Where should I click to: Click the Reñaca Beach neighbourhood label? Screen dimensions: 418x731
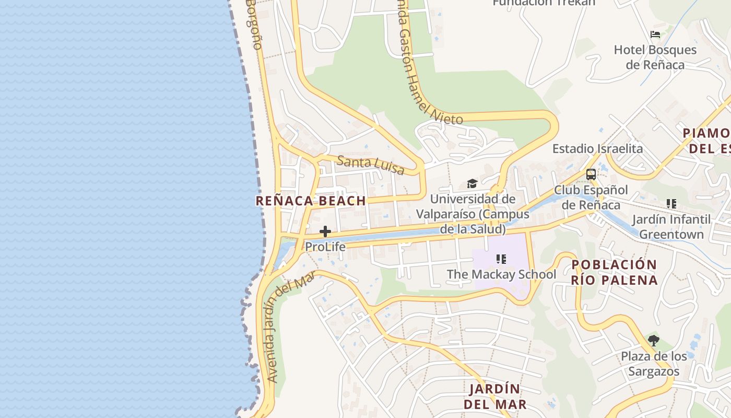point(311,201)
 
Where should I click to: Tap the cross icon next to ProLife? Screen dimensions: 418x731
point(325,231)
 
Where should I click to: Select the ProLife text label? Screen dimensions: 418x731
point(325,247)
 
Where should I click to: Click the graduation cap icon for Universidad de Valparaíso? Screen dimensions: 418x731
point(472,183)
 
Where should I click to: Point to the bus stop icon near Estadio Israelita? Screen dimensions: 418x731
point(591,175)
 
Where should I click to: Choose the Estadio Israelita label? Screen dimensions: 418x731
point(598,148)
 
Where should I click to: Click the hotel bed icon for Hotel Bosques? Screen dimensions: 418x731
point(655,35)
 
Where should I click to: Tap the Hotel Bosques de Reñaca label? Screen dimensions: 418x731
point(655,57)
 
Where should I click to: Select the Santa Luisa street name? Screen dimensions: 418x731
point(371,165)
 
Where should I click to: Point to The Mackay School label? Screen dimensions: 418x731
point(501,274)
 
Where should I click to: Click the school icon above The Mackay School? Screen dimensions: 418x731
point(501,259)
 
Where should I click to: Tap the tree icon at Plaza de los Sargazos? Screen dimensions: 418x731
point(653,341)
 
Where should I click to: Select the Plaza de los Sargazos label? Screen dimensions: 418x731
point(654,364)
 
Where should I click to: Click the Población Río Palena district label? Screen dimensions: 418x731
point(614,272)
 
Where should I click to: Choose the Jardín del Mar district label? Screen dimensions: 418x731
point(495,397)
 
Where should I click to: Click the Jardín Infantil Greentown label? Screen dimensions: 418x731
point(671,227)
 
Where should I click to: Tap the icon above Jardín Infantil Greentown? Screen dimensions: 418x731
point(671,204)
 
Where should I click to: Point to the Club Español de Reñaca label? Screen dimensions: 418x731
point(591,197)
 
